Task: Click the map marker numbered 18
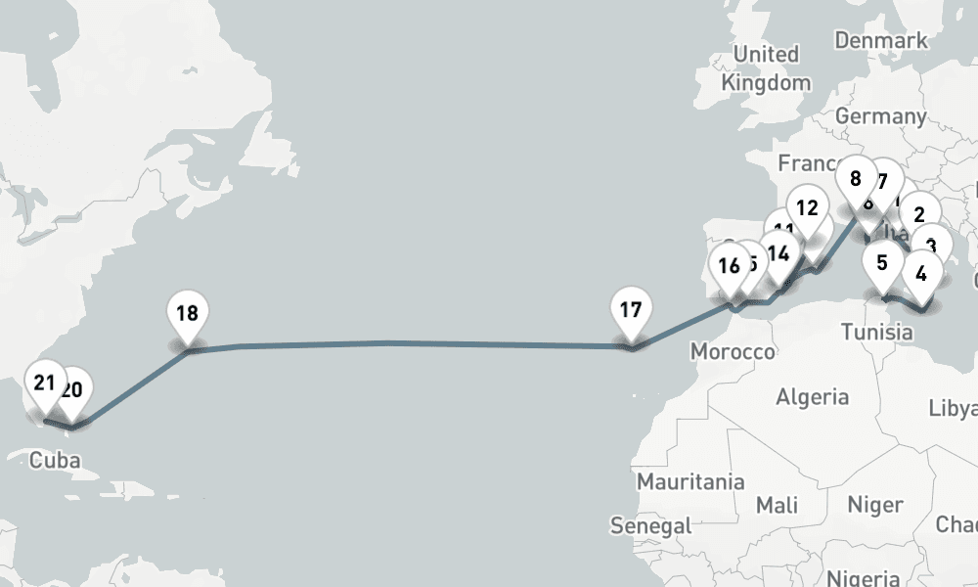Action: (x=187, y=314)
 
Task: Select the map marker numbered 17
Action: (x=631, y=311)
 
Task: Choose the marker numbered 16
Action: (x=729, y=266)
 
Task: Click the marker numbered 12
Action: (x=807, y=208)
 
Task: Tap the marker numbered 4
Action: (x=921, y=274)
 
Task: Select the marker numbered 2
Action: (x=918, y=215)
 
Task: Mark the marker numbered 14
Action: (x=778, y=252)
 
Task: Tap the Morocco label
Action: (x=733, y=351)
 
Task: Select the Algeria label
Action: (x=812, y=397)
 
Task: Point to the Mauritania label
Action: (x=690, y=482)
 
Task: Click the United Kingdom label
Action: (x=766, y=68)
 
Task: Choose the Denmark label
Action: (x=880, y=40)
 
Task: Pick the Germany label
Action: (x=880, y=116)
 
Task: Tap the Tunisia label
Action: (x=876, y=333)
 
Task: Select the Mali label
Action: (x=777, y=505)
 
